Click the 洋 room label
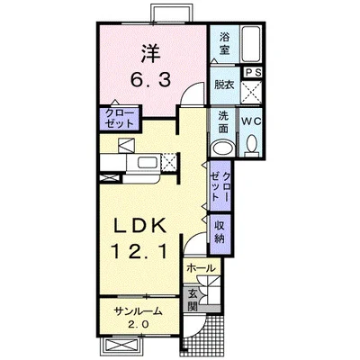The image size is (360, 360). click(151, 54)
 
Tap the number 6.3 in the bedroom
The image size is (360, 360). click(150, 80)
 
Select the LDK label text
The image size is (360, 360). click(139, 226)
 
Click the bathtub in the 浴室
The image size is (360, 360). click(251, 44)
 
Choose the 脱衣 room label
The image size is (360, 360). click(224, 85)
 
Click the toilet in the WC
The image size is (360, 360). click(252, 145)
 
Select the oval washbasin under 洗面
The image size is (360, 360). click(223, 148)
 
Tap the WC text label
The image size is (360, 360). click(252, 121)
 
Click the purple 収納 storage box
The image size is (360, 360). click(220, 234)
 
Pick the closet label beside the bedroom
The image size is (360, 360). click(120, 119)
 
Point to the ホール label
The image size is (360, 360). click(201, 268)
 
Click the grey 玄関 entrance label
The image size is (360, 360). click(193, 300)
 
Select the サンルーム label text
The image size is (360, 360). click(139, 312)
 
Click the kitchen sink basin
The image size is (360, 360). click(148, 163)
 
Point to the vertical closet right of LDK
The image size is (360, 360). click(220, 186)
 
